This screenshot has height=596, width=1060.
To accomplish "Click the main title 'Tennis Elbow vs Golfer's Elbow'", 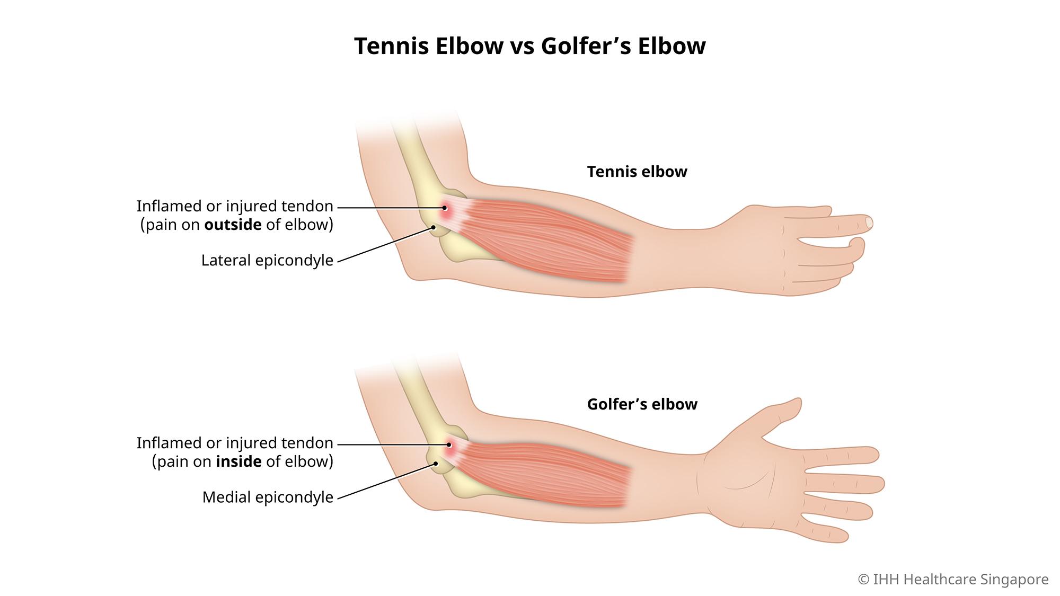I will (529, 46).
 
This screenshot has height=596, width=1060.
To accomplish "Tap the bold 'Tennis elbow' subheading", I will (637, 172).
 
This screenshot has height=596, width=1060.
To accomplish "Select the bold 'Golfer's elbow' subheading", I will (642, 404).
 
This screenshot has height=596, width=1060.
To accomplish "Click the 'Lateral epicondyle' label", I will (267, 261).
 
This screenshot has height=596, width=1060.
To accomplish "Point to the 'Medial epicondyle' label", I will (268, 497).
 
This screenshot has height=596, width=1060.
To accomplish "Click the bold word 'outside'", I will (233, 225).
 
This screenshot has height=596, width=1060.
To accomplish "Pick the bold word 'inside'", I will (238, 461).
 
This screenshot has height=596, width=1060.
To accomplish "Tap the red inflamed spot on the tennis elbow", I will (445, 208).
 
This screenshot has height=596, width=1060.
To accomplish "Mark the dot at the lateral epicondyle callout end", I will (433, 227).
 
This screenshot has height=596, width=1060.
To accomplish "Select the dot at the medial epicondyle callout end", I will (436, 464).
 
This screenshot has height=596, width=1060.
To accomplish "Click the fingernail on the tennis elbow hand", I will (869, 223).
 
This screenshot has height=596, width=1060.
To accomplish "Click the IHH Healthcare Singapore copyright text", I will (953, 580).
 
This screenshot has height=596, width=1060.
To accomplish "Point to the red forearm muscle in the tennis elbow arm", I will (546, 238).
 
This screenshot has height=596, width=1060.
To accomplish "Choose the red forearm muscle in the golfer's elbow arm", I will (546, 474).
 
